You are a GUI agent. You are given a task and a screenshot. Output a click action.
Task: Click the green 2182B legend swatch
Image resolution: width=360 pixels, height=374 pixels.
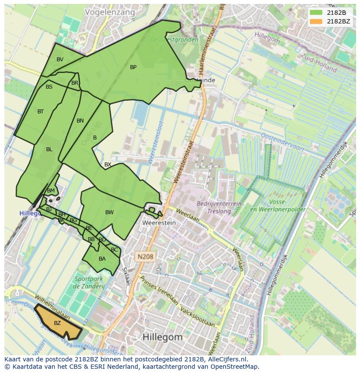316,13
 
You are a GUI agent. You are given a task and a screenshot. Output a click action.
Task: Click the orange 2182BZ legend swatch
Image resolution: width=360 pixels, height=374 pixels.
316,21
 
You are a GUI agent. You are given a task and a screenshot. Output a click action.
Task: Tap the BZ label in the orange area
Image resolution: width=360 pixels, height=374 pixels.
57,323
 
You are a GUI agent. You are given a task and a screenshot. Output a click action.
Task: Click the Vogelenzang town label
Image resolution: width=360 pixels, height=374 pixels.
110,12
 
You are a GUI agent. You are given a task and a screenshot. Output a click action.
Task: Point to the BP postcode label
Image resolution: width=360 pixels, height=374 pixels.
133,67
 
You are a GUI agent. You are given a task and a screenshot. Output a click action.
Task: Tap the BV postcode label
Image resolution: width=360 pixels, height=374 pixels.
60,60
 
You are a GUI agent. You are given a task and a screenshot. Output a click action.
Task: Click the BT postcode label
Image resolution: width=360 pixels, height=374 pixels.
40,112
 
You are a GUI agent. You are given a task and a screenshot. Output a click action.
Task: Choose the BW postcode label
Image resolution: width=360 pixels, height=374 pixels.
109,212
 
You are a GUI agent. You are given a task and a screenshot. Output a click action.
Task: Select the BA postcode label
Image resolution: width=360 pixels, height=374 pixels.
102,259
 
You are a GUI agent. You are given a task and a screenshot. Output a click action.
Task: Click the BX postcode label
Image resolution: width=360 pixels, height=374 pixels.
108,165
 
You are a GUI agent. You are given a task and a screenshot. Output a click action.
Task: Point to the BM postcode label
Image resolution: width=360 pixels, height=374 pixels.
51,191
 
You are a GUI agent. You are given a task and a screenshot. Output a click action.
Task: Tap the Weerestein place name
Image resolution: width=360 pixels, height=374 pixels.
159,223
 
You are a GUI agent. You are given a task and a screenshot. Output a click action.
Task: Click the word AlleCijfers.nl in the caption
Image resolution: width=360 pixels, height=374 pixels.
226,359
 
